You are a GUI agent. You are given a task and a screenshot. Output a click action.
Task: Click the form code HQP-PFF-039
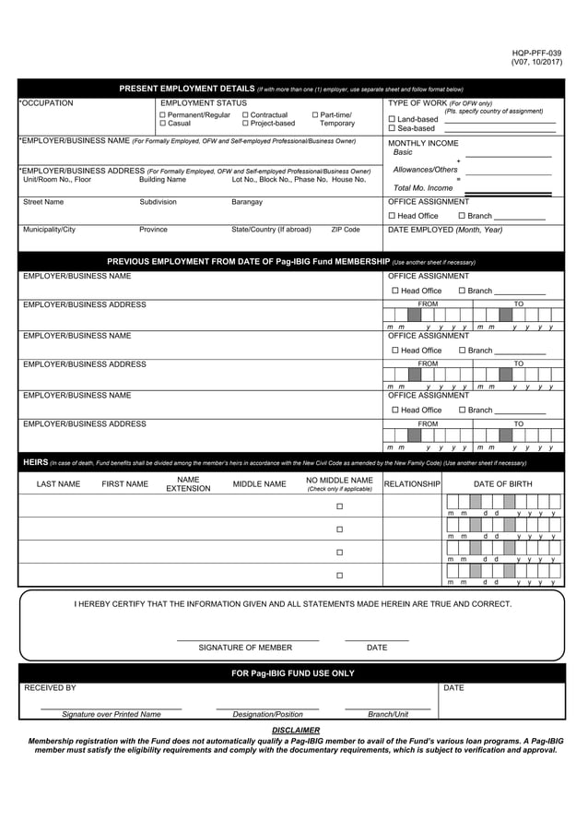pos(536,53)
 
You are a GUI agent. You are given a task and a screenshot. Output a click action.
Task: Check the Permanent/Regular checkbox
pos(163,115)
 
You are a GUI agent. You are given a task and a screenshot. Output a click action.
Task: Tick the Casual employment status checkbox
pos(163,124)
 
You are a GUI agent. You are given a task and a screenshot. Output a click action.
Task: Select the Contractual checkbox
pos(245,115)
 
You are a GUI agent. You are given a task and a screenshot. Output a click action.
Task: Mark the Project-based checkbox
pos(245,124)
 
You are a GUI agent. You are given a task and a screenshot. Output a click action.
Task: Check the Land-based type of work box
pos(392,119)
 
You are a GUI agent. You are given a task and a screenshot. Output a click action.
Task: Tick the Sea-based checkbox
pos(392,128)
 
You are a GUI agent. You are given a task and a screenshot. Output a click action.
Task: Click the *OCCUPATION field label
pos(46,103)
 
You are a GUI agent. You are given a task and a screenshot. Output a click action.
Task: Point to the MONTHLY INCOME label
pos(423,143)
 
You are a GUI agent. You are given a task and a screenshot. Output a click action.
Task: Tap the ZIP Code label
pos(346,230)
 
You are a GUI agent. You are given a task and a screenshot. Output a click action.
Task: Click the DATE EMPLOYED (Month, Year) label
pos(445,230)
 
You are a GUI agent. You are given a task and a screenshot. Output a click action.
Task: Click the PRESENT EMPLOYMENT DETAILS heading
pos(187,89)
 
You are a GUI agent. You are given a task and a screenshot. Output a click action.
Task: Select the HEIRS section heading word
pos(34,462)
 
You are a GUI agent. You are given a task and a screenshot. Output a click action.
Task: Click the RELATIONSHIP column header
pos(412,484)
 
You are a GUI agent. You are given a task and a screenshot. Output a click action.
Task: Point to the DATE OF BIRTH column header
pos(502,484)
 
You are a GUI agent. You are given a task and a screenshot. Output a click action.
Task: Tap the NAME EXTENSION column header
pos(188,484)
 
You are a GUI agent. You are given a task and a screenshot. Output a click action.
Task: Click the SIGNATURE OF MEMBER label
pos(245,648)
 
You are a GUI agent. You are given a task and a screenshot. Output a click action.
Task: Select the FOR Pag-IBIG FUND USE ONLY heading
pos(292,673)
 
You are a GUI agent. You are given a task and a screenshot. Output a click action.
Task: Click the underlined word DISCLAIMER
pos(296,730)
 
